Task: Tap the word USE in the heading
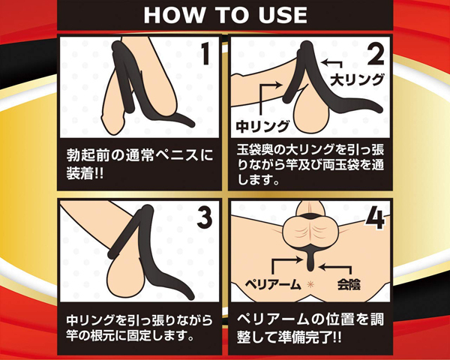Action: point(283,15)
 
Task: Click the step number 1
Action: point(205,54)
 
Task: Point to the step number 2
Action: point(376,54)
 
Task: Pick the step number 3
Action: point(205,217)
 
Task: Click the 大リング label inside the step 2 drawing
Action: point(357,79)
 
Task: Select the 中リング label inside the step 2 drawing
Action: point(262,126)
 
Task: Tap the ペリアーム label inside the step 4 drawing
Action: point(273,284)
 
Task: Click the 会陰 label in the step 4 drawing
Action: point(349,284)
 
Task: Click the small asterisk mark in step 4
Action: point(310,284)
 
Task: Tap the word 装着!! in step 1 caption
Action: point(85,173)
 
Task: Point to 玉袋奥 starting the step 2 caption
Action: point(256,150)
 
